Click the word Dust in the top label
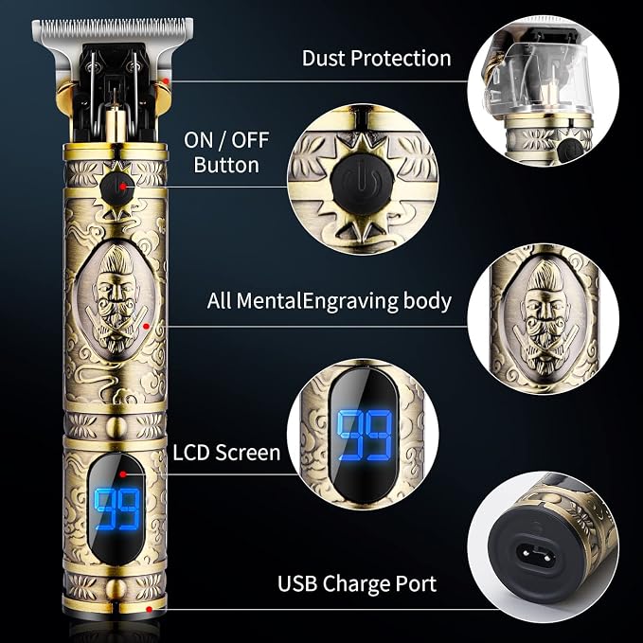click(x=323, y=58)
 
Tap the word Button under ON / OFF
click(x=226, y=165)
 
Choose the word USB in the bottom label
click(x=297, y=583)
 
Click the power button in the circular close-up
click(x=362, y=185)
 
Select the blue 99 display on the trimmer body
click(x=117, y=509)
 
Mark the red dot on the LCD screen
click(x=122, y=474)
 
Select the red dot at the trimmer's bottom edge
click(x=150, y=609)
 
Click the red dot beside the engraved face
click(x=146, y=327)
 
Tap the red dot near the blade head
click(x=166, y=81)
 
